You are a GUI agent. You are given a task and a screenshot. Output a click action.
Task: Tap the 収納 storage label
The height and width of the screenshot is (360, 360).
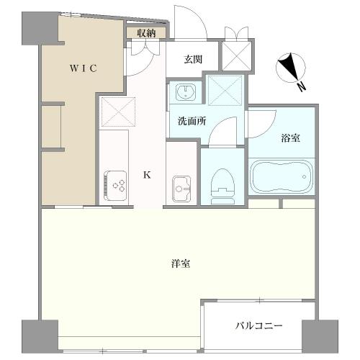coord(146,32)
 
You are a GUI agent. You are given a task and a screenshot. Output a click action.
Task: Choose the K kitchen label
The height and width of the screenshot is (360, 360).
coord(146,175)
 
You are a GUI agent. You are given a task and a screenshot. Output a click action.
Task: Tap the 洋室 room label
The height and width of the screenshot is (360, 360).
coord(181,264)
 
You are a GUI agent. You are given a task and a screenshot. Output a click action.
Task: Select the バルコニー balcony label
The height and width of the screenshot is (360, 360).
coord(258,325)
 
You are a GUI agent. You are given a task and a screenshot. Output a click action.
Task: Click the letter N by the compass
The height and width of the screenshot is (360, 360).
coord(302,86)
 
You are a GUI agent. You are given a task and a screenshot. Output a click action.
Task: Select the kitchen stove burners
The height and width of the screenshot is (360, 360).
coord(114,186)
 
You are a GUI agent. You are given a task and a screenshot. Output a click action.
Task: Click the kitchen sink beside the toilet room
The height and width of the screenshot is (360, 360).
coord(181,188)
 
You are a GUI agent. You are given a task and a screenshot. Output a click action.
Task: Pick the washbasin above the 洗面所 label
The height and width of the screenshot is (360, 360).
coord(186,92)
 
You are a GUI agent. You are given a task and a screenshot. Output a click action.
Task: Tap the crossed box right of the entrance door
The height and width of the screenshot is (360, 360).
coord(235,51)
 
